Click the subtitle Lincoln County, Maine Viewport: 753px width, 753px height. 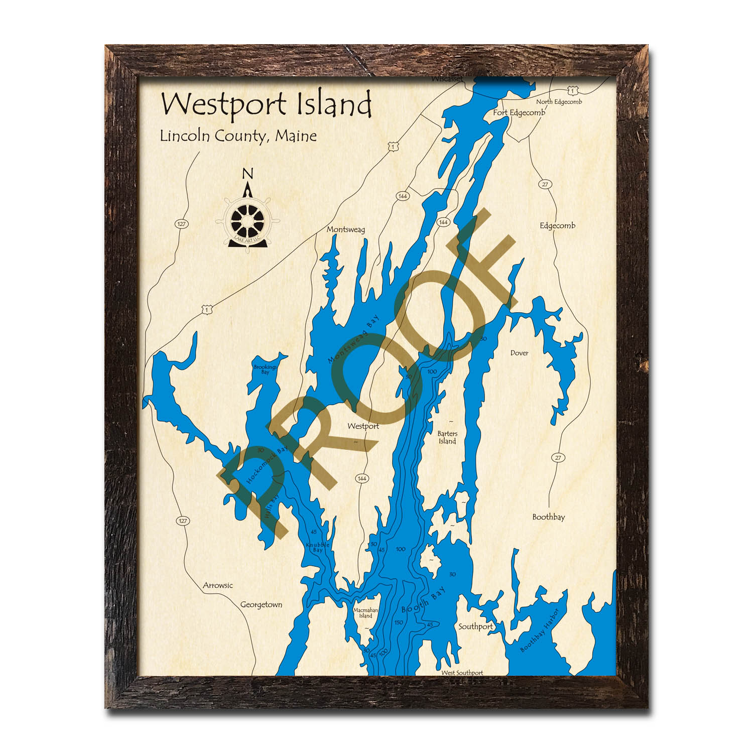[238, 136]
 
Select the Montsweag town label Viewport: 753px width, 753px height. [345, 229]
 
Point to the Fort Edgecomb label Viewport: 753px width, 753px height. [519, 112]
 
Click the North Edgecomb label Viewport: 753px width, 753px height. [559, 102]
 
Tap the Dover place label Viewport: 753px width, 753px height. [519, 353]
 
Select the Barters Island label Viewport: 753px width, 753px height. [447, 437]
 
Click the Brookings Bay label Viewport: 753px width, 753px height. [265, 369]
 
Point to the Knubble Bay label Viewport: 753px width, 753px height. [318, 547]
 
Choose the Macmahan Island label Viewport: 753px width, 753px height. [365, 613]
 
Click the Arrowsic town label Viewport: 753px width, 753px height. [218, 585]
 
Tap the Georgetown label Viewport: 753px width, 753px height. [261, 604]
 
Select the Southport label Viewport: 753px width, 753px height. [475, 626]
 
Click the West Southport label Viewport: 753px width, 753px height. [462, 673]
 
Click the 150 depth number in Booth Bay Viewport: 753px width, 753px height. [399, 622]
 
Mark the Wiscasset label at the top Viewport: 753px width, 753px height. [446, 79]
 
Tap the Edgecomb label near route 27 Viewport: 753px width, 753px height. [557, 225]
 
